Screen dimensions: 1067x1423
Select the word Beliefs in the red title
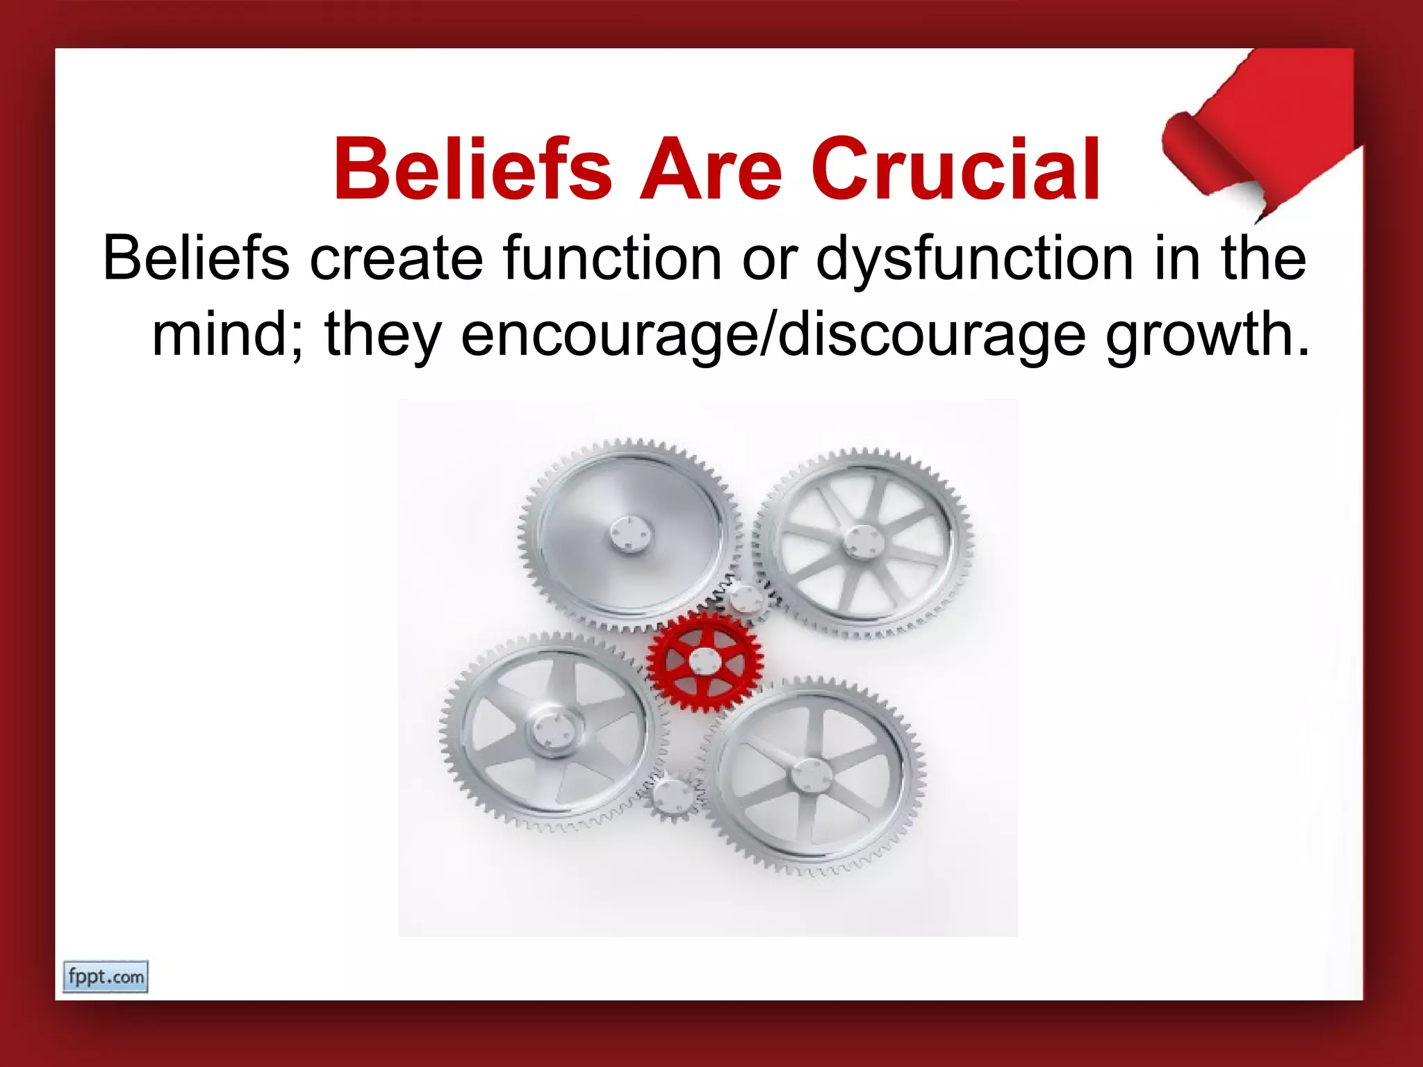pyautogui.click(x=472, y=170)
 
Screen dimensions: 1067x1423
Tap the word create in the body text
pyautogui.click(x=395, y=258)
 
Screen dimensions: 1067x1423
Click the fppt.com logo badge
pyautogui.click(x=106, y=977)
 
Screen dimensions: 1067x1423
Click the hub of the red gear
pyautogui.click(x=704, y=661)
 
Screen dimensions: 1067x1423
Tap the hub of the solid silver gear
pyautogui.click(x=631, y=536)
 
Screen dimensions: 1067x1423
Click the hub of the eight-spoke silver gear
pyautogui.click(x=863, y=541)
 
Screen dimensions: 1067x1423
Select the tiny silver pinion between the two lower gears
pyautogui.click(x=672, y=796)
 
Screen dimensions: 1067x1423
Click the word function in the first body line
pyautogui.click(x=612, y=258)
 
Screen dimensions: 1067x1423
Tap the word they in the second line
pyautogui.click(x=383, y=335)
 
